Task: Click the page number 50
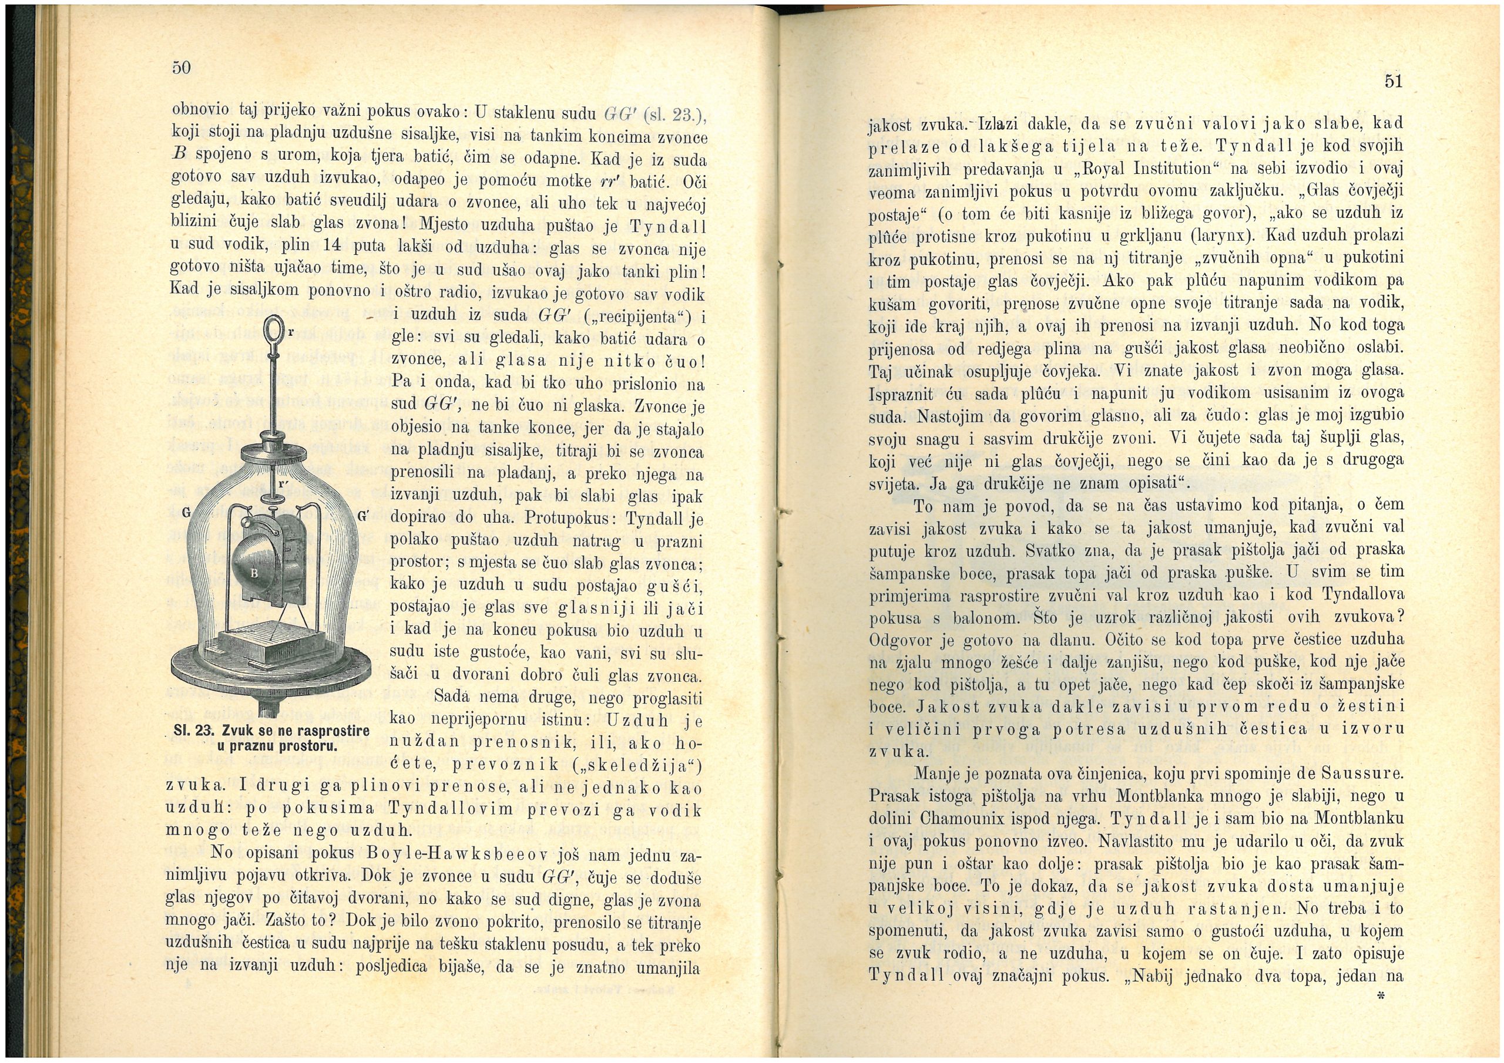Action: [x=180, y=67]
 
